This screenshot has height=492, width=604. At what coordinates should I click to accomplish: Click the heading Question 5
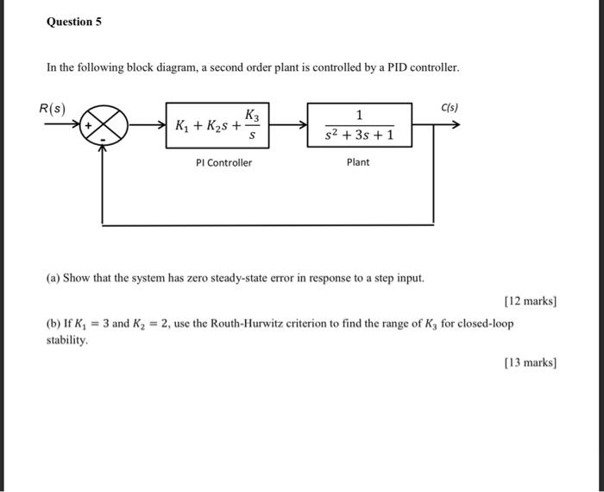[73, 22]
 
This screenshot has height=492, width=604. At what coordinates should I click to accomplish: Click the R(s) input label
[53, 109]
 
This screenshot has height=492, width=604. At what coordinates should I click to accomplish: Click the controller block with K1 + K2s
[216, 126]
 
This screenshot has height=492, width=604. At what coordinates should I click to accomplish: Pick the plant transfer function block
[358, 125]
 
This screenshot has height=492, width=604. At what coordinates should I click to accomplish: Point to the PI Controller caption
[224, 162]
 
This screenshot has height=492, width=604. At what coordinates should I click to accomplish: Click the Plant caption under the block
[358, 162]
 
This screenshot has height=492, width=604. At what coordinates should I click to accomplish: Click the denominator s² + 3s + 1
[359, 136]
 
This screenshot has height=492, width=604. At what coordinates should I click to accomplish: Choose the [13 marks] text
[530, 363]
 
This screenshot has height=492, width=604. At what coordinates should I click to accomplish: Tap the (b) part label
[53, 324]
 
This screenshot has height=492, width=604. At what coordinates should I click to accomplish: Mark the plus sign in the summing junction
[88, 126]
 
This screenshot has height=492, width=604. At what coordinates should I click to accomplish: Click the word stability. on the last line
[67, 341]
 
